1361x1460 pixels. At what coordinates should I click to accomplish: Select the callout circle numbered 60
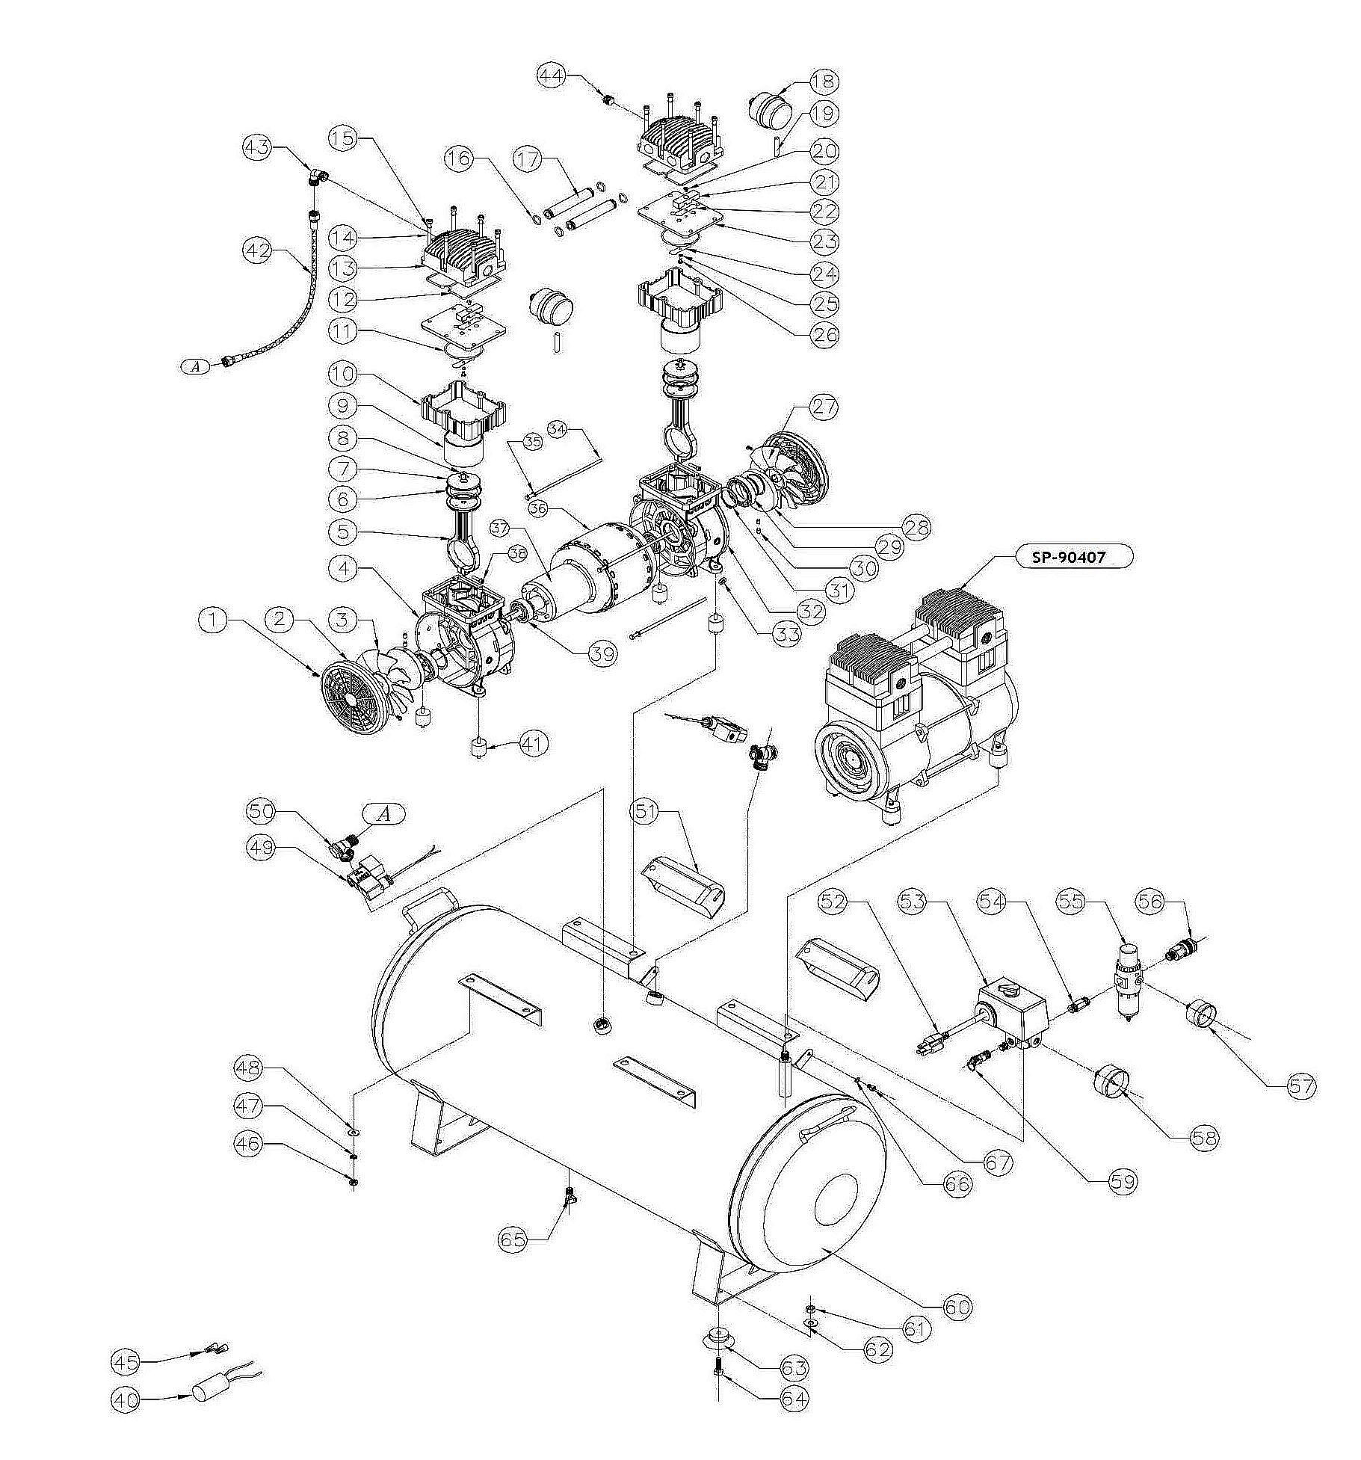(x=958, y=1307)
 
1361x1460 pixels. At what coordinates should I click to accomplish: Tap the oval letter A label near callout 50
(x=384, y=814)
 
